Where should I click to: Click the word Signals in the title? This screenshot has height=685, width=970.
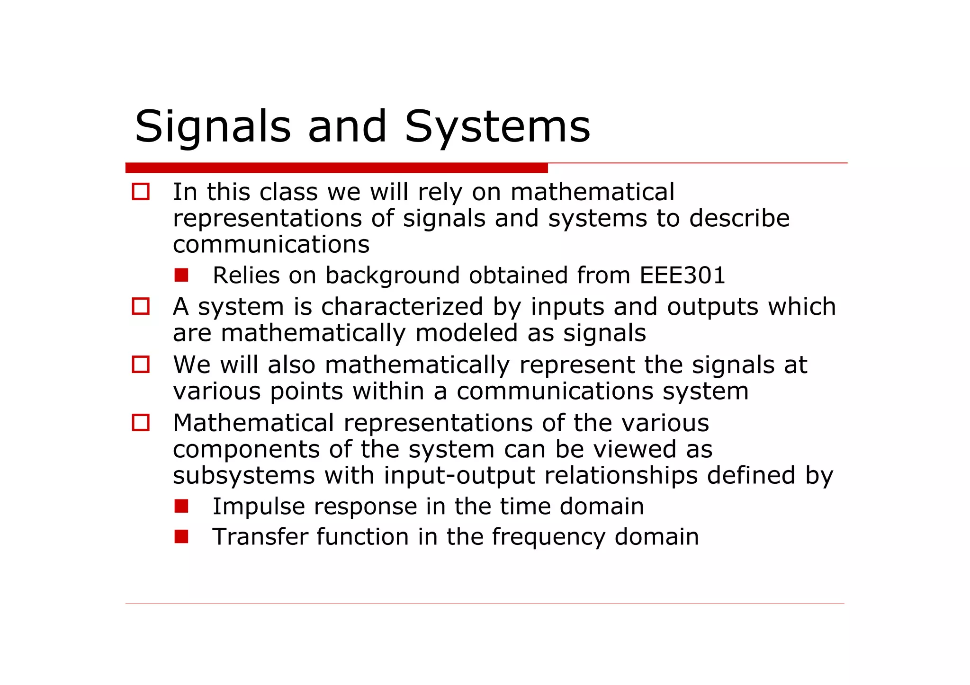pyautogui.click(x=213, y=127)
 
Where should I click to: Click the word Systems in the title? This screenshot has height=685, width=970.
pyautogui.click(x=497, y=127)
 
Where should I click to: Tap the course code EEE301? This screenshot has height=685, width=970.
pyautogui.click(x=682, y=275)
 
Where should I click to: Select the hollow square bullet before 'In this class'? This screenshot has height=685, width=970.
pyautogui.click(x=141, y=192)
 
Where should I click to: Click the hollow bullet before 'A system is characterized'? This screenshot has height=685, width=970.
pyautogui.click(x=141, y=306)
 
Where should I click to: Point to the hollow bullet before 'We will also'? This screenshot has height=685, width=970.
pyautogui.click(x=141, y=365)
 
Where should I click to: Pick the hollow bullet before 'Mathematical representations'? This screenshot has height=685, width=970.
pyautogui.click(x=141, y=422)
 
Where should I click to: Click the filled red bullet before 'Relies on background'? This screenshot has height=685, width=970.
pyautogui.click(x=181, y=275)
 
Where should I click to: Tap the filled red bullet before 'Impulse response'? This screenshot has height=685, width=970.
pyautogui.click(x=181, y=506)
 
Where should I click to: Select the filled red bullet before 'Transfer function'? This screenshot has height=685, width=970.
pyautogui.click(x=181, y=536)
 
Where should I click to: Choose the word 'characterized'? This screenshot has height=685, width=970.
pyautogui.click(x=402, y=306)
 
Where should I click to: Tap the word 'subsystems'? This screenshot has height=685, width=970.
pyautogui.click(x=243, y=475)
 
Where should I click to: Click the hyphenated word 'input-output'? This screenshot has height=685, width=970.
pyautogui.click(x=459, y=475)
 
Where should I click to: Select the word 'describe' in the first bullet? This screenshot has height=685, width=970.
pyautogui.click(x=739, y=218)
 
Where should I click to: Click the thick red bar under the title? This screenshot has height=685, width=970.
pyautogui.click(x=336, y=168)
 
